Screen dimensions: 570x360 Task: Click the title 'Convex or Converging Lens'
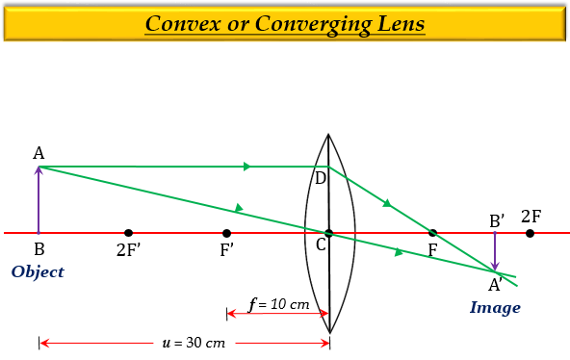pyautogui.click(x=284, y=23)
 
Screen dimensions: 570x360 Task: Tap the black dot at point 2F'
pyautogui.click(x=128, y=233)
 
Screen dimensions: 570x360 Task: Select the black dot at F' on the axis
pyautogui.click(x=226, y=233)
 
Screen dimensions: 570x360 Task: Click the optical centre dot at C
pyautogui.click(x=328, y=233)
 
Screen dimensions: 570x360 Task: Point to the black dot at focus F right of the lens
pyautogui.click(x=432, y=233)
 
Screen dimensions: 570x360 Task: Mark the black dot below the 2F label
pyautogui.click(x=531, y=233)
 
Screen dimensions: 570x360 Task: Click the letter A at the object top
pyautogui.click(x=39, y=153)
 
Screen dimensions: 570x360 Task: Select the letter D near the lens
pyautogui.click(x=320, y=178)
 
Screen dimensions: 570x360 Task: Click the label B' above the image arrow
pyautogui.click(x=497, y=220)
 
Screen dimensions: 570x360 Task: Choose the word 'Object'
pyautogui.click(x=38, y=272)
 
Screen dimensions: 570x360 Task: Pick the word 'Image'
pyautogui.click(x=495, y=308)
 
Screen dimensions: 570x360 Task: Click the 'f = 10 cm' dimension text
pyautogui.click(x=279, y=304)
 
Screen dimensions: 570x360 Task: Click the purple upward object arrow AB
pyautogui.click(x=39, y=200)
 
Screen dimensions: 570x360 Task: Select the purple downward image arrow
pyautogui.click(x=495, y=252)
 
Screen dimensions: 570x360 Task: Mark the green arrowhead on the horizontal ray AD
pyautogui.click(x=247, y=167)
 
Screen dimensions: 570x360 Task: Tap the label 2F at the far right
pyautogui.click(x=531, y=216)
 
